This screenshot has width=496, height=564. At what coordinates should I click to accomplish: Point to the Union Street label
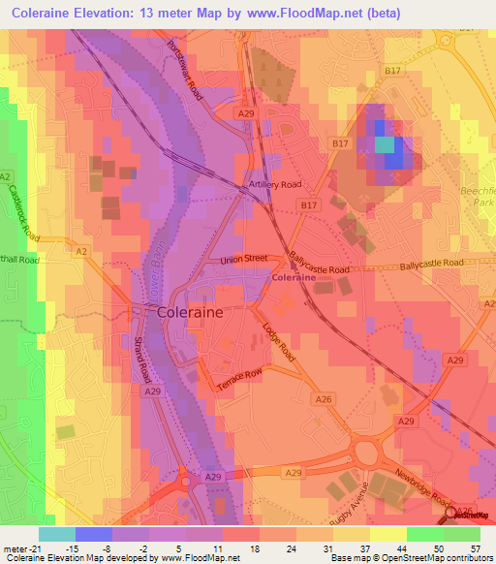(x=244, y=258)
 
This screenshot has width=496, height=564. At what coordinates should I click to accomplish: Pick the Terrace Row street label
(x=239, y=378)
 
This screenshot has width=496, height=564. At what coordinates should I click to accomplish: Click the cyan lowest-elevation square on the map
(x=386, y=144)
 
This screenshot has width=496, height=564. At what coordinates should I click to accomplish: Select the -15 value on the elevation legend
(x=72, y=548)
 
